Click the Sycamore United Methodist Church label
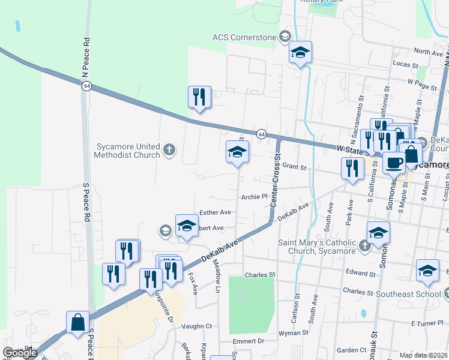[x=127, y=151]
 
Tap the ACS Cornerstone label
[x=244, y=37]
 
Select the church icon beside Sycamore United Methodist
[x=169, y=149]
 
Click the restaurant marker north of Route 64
[x=199, y=97]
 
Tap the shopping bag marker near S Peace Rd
[x=78, y=322]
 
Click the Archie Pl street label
[x=253, y=196]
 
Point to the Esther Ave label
[x=215, y=212]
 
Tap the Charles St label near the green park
[x=259, y=275]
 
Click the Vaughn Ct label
[x=197, y=326]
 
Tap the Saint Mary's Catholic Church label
[x=316, y=247]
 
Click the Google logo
[x=20, y=353]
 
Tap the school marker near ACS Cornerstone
[x=300, y=53]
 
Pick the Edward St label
[x=361, y=272]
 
